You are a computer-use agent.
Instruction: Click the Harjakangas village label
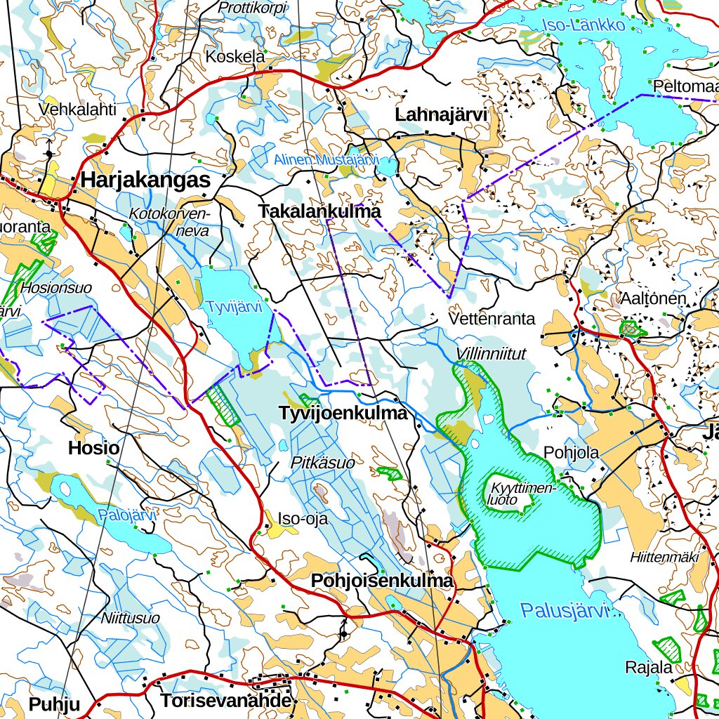pos(145,180)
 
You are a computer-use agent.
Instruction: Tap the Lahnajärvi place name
pos(441,114)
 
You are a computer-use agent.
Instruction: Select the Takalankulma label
pos(319,211)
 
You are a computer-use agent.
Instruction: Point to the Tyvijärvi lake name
pos(234,307)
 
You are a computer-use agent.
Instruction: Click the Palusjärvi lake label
pos(564,611)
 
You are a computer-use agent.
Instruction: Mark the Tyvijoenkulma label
pos(343,414)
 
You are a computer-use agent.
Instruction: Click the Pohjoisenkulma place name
pos(382,581)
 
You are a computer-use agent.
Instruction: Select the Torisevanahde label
pos(225,701)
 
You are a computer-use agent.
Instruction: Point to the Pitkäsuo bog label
pos(323,463)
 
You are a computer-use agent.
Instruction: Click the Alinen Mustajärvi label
pos(326,160)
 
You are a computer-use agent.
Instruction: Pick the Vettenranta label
pos(492,319)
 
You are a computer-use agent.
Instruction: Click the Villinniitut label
pos(491,354)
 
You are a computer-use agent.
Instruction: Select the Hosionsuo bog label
pos(56,288)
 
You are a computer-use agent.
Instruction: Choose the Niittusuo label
pos(130,619)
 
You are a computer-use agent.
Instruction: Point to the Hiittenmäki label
pos(664,558)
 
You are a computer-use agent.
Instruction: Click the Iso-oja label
pos(303,519)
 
